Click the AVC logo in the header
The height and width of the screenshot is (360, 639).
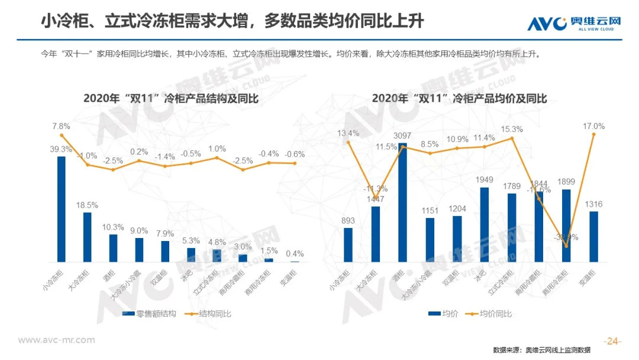[x=575, y=22]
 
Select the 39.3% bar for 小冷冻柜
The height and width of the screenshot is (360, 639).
[x=61, y=209]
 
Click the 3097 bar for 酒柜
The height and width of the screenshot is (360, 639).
[x=402, y=202]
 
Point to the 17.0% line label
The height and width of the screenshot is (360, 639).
[x=593, y=126]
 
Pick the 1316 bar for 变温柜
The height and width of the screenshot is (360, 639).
[x=593, y=236]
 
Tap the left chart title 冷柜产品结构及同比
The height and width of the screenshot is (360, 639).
[x=170, y=98]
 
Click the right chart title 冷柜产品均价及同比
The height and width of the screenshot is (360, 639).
[x=460, y=98]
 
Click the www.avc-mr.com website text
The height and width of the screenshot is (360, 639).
[x=57, y=340]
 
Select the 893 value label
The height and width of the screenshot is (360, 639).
[x=348, y=221]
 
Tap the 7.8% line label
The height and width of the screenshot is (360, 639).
[x=61, y=126]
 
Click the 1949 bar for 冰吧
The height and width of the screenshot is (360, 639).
[x=484, y=224]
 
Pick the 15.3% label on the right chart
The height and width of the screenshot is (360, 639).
[x=512, y=129]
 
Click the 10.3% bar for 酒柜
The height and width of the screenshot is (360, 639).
[x=113, y=248]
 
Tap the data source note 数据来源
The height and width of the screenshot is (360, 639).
[x=550, y=350]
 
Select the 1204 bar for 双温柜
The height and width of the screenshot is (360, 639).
[x=457, y=239]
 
